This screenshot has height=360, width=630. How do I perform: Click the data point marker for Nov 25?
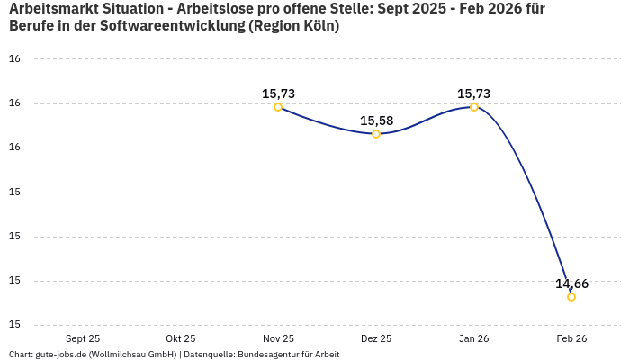click(278, 107)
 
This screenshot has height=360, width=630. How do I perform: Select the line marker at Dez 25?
click(376, 134)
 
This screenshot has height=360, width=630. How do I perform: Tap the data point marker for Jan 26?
click(474, 107)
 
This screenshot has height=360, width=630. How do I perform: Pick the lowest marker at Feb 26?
click(571, 297)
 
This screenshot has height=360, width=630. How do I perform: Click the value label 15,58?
click(376, 121)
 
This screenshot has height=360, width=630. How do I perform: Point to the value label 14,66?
click(571, 283)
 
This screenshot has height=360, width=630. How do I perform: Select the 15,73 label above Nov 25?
click(278, 94)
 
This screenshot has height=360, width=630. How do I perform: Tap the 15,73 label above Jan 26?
click(474, 94)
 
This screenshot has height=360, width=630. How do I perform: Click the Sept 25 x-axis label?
click(83, 338)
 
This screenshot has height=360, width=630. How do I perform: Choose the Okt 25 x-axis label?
click(181, 338)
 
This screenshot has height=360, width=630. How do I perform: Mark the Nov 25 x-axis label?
click(278, 338)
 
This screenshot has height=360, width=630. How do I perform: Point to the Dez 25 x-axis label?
click(376, 338)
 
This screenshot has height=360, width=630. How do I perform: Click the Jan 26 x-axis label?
click(474, 338)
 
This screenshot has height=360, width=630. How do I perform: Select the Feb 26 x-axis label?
click(571, 338)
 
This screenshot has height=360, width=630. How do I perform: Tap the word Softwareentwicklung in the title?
click(170, 26)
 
